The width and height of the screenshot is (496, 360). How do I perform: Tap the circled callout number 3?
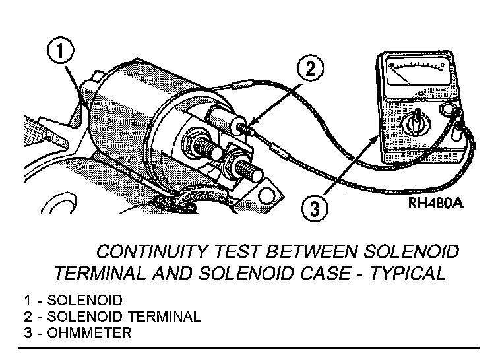[316, 210]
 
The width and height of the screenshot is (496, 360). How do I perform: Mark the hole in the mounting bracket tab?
[266, 195]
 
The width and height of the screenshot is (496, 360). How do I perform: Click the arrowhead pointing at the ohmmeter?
[377, 139]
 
